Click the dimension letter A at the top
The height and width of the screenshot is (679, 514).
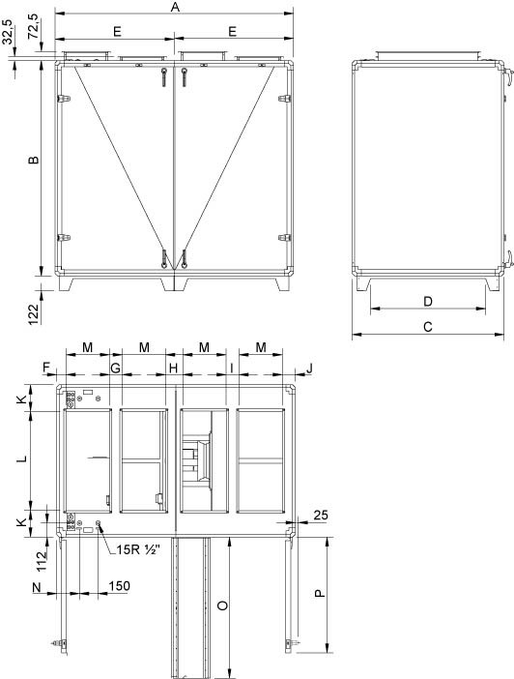(175, 8)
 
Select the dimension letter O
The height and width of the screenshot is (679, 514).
(221, 605)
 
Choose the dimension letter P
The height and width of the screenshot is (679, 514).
(320, 594)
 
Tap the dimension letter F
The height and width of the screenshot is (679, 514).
(44, 369)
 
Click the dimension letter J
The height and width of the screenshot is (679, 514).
(309, 369)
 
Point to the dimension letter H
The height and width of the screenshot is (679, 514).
(174, 369)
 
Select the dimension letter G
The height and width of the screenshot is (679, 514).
(115, 369)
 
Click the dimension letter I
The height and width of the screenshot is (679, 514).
(232, 369)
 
